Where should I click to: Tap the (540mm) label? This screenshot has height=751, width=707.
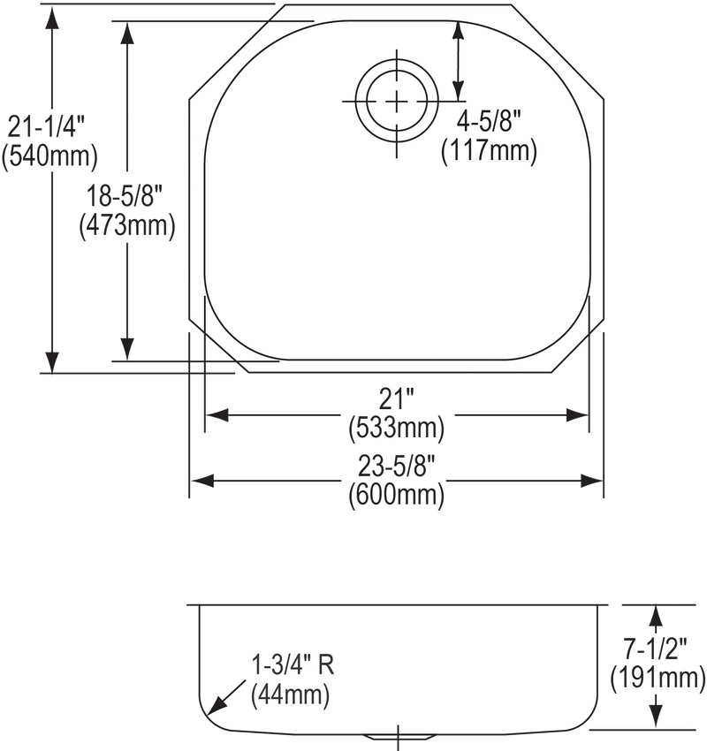coord(49,156)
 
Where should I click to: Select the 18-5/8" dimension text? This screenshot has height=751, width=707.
coord(125,196)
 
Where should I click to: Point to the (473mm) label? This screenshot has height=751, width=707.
coord(127,224)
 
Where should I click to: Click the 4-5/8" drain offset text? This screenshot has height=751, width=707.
coord(488,122)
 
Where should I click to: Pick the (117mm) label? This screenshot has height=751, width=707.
coord(489,150)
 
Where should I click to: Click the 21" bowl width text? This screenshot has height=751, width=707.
coord(397,398)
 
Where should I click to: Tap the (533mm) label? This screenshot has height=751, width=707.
coord(397,427)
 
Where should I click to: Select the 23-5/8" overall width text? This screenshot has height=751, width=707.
coord(397,466)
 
